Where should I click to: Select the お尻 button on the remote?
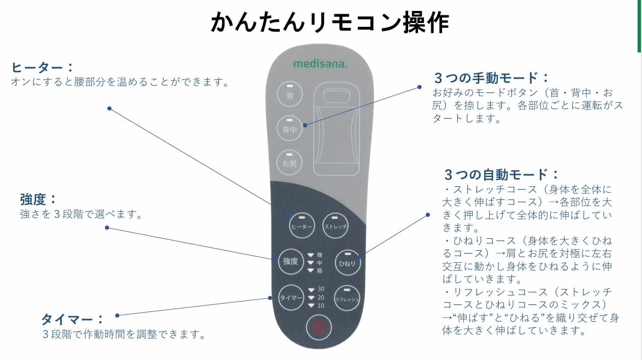pyautogui.click(x=290, y=162)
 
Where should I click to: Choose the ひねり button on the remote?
pyautogui.click(x=347, y=262)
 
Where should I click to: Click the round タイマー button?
pyautogui.click(x=291, y=298)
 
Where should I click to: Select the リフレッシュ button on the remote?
pyautogui.click(x=347, y=298)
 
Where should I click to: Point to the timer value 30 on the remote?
pyautogui.click(x=321, y=289)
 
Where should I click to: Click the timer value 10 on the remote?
pyautogui.click(x=321, y=305)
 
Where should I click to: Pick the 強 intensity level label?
pyautogui.click(x=320, y=255)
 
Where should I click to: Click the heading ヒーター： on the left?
pyautogui.click(x=42, y=68)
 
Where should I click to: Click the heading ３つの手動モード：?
pyautogui.click(x=491, y=78)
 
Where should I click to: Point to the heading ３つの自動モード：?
pyautogui.click(x=502, y=175)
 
